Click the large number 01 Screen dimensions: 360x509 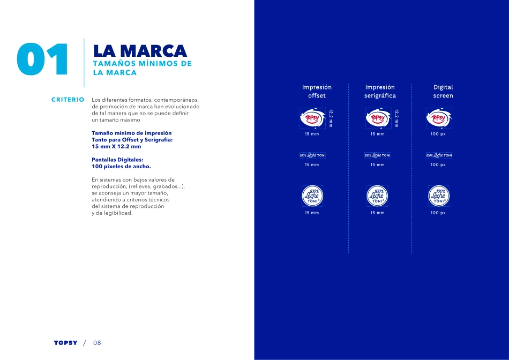coord(43,59)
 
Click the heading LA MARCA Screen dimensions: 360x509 coord(140,51)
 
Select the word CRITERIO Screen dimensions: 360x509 coord(68,100)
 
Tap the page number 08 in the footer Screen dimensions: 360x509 coord(98,343)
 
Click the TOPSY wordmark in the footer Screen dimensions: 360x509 coord(65,343)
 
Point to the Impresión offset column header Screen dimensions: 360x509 coord(317,91)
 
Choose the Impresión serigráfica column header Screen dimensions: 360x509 coord(380,91)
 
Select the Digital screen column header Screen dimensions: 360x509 coord(443,91)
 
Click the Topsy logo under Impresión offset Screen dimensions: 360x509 coord(312,118)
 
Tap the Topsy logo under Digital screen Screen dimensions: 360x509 coord(439,118)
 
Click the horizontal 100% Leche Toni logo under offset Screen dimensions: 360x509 coord(312,155)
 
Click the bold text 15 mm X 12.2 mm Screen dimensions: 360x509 coord(116,146)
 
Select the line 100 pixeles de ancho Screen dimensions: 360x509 coord(121,167)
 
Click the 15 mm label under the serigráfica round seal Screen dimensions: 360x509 coord(377,213)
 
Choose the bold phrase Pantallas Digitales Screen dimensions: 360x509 coord(117,160)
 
